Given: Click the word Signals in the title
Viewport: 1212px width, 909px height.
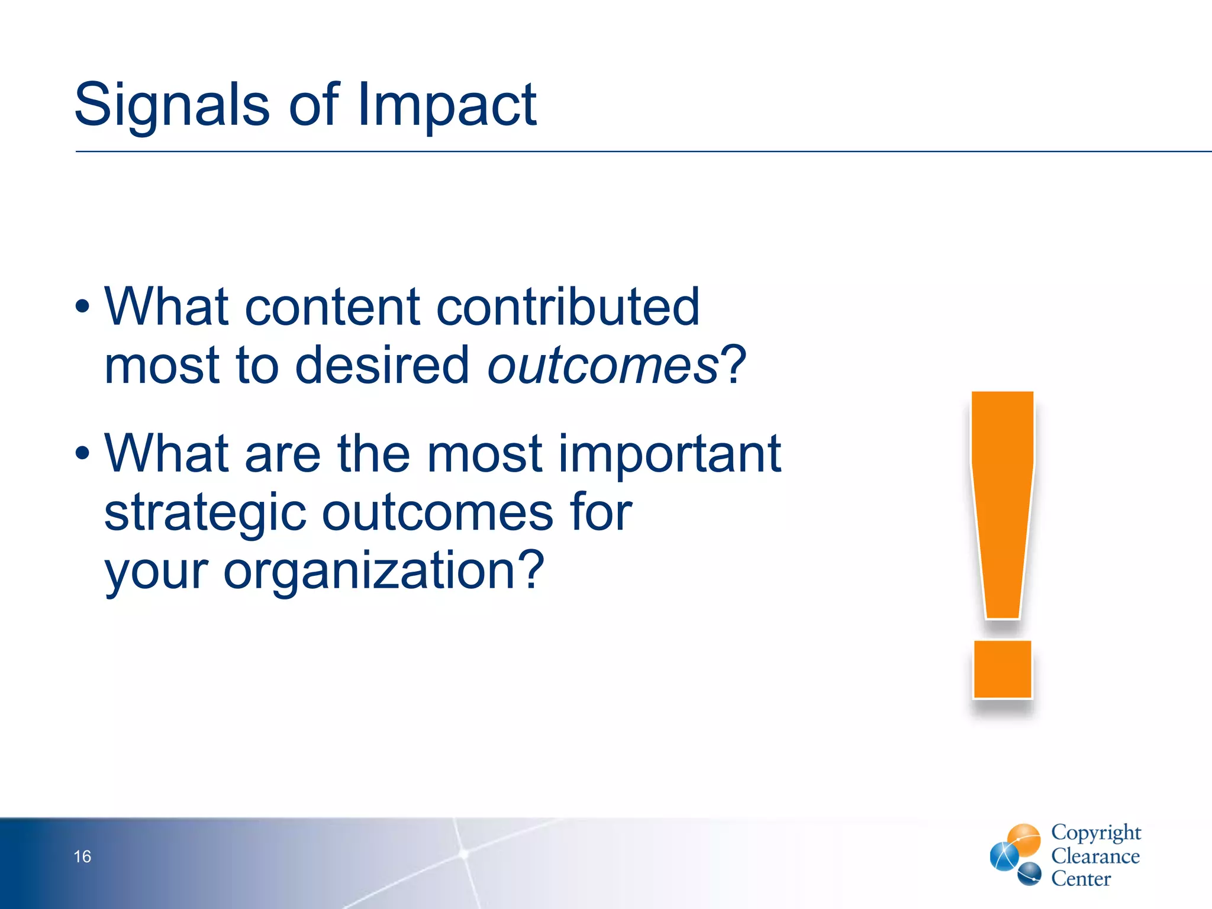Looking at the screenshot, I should click(172, 105).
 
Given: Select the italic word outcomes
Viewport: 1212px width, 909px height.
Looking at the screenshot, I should click(602, 365).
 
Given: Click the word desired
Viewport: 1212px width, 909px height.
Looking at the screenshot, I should click(382, 365).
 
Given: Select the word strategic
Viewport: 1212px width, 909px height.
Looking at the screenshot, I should click(204, 512).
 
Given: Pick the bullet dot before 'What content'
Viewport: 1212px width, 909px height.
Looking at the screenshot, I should click(83, 307).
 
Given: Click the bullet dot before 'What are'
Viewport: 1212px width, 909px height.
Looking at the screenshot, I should click(83, 454).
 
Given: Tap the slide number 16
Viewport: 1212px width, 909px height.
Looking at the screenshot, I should click(82, 856).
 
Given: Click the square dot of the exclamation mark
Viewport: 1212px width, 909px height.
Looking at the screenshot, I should click(1003, 669).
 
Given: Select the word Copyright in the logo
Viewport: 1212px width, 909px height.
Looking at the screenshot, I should click(1095, 832).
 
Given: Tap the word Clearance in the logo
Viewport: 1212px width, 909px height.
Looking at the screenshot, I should click(1095, 856).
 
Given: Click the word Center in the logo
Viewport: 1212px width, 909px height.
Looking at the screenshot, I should click(1081, 879).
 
